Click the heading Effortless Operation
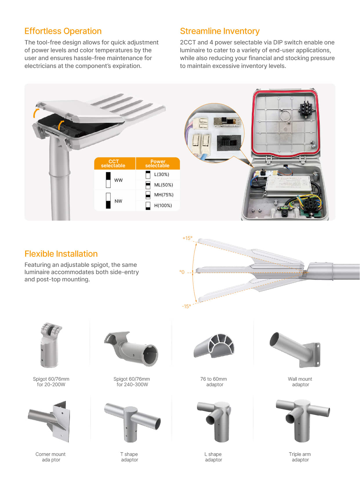tap(63, 31)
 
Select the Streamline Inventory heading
tap(220, 31)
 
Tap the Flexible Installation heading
tap(61, 254)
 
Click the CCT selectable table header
tap(113, 163)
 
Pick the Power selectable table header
tap(158, 163)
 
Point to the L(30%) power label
tap(162, 175)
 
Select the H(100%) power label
tap(163, 206)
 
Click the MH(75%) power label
tap(164, 195)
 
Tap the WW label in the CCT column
tap(118, 180)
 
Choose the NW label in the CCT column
tap(118, 201)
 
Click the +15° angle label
tap(187, 238)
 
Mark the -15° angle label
tap(186, 306)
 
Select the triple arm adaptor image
tap(302, 419)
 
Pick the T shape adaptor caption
tap(129, 457)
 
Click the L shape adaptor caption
tap(213, 457)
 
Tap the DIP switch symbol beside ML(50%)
tap(148, 185)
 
